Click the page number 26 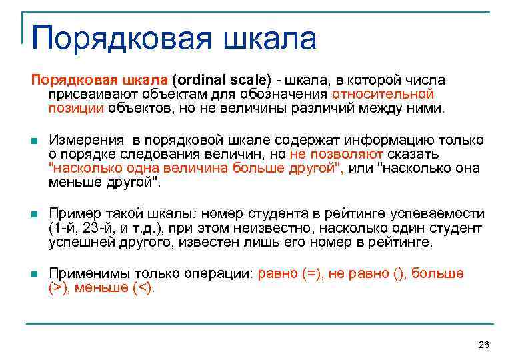pos(484,344)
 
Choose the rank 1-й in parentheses pos(66,228)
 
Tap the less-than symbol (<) pos(141,288)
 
